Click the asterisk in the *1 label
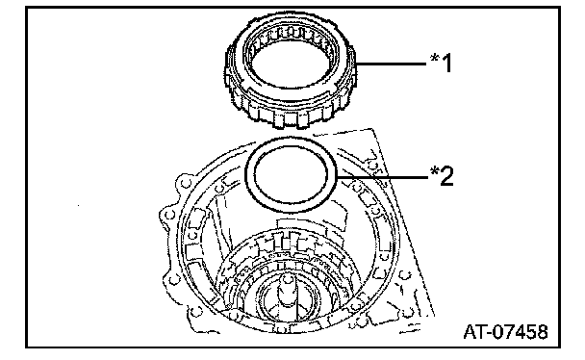[435, 58]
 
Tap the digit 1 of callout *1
[446, 63]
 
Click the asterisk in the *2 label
[435, 170]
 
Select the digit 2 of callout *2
[447, 176]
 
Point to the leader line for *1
[391, 64]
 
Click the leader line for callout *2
[383, 177]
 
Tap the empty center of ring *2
[291, 174]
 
